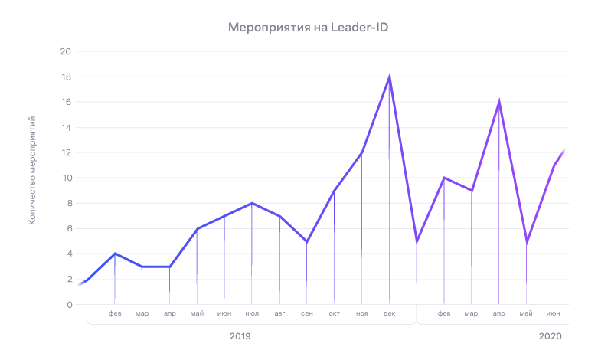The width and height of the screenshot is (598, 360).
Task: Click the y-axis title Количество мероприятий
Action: coord(32,171)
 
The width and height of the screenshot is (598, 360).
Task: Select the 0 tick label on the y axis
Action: coord(68,305)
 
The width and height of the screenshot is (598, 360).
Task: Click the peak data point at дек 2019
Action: coord(389,77)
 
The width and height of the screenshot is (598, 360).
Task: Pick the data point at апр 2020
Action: coord(499,102)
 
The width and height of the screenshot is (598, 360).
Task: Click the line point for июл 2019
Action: coord(252,203)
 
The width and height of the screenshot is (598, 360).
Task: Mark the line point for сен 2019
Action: coord(307,241)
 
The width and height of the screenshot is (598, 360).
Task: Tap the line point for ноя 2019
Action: coord(361,152)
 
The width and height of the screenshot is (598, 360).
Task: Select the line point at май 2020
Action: coord(526,241)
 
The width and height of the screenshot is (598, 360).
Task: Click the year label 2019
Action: coord(240,336)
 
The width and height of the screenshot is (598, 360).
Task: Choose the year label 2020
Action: coord(550,336)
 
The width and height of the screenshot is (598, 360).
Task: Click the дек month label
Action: coord(389,313)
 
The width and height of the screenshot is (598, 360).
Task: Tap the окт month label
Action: coord(335,313)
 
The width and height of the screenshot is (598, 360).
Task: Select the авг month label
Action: coord(279,313)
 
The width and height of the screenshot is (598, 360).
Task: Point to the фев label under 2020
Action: coord(444,313)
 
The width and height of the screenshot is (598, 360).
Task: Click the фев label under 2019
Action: coord(115,313)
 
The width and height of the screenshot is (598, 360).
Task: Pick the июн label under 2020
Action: coord(554,313)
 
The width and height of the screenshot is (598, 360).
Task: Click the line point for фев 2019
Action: coord(115,254)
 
